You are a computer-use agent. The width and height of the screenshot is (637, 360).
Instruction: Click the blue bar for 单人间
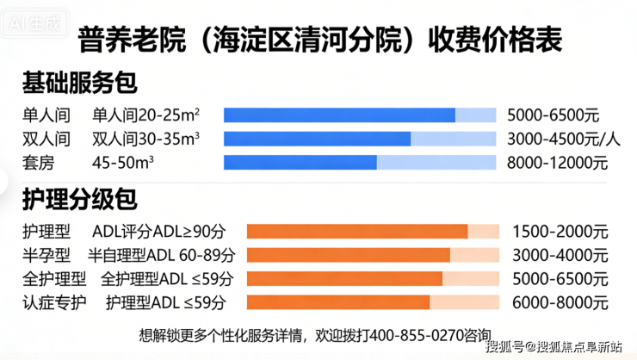(339, 115)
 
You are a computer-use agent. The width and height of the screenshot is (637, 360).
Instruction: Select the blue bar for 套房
(300, 162)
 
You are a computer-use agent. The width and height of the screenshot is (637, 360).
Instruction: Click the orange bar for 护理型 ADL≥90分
(357, 231)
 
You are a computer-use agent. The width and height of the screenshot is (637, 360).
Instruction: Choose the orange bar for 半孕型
(349, 255)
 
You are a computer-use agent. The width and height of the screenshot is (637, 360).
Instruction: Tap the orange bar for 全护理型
(344, 278)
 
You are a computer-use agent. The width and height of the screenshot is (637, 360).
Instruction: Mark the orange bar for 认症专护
(338, 302)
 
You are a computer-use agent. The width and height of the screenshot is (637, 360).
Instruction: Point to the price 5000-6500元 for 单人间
(553, 115)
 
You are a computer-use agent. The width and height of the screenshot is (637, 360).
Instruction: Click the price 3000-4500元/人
(564, 139)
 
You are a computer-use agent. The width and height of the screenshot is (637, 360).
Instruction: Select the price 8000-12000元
(557, 162)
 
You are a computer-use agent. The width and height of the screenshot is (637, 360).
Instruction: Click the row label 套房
(40, 162)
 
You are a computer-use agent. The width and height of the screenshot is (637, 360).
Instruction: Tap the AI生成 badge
(34, 23)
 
